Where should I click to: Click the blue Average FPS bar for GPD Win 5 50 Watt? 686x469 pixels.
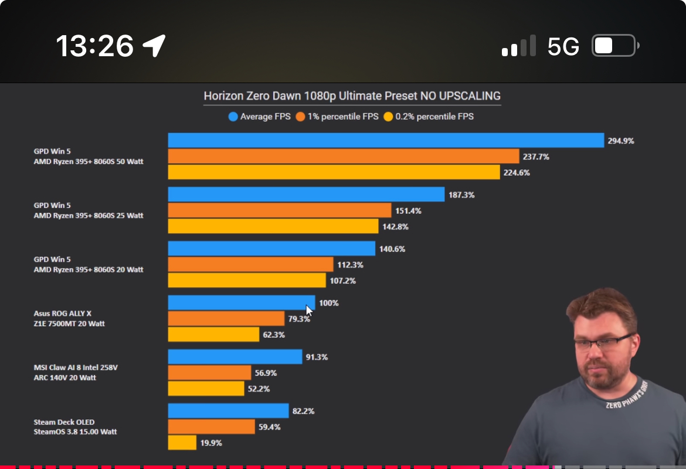point(386,141)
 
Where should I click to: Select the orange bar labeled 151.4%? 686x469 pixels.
point(280,210)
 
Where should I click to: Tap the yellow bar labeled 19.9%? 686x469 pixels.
point(182,443)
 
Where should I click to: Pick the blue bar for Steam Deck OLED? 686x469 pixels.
point(228,411)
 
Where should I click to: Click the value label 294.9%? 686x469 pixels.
point(621,141)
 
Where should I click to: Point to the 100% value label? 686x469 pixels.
point(329,303)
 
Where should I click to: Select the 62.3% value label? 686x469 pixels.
point(274,335)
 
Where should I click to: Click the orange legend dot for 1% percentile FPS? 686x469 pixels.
point(300,117)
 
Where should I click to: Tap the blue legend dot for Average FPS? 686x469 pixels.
point(233,117)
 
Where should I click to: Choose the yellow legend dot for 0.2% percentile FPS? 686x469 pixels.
point(388,117)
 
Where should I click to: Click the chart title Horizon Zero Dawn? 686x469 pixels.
point(352,95)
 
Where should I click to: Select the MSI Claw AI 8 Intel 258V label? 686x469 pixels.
point(80,367)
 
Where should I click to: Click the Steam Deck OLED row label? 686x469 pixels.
point(64,422)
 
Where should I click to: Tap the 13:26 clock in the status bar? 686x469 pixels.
point(94,46)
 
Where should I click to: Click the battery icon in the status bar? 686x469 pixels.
point(614,46)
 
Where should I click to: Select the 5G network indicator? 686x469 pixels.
point(563,46)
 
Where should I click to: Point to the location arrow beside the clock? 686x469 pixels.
point(154,45)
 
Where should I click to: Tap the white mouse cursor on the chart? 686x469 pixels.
point(309,310)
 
